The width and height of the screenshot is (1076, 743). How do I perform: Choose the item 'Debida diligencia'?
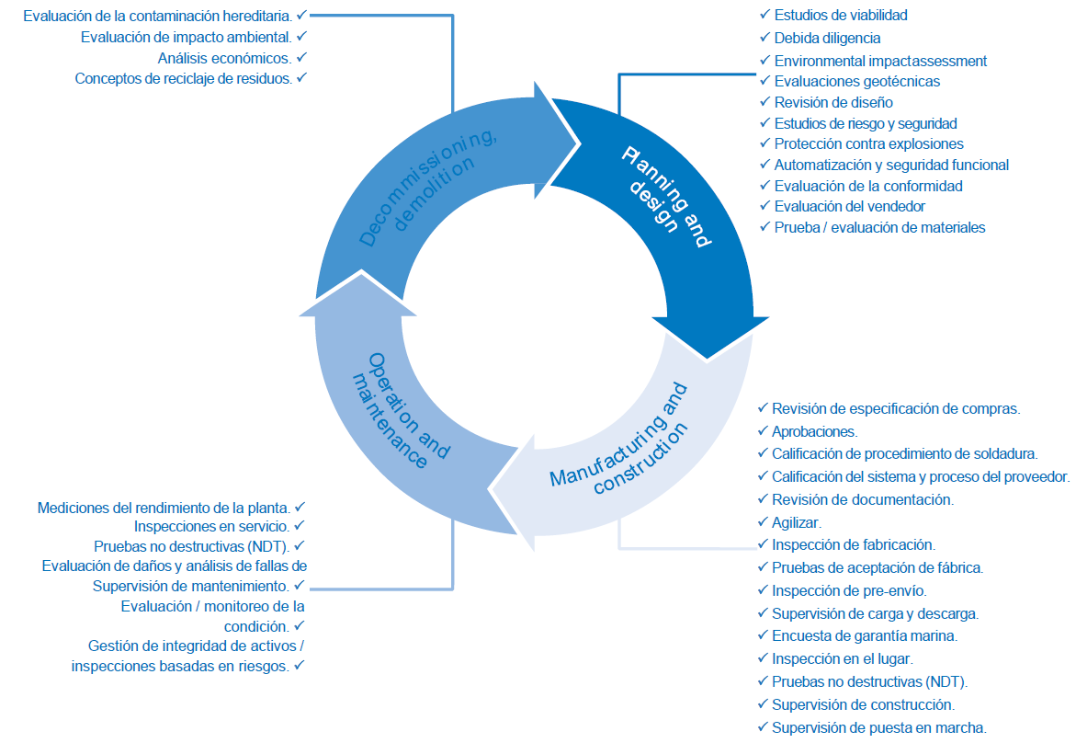[x=827, y=38]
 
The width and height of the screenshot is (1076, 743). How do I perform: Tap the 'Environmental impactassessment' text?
[x=880, y=61]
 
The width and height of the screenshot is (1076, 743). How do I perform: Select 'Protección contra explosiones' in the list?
[x=868, y=143]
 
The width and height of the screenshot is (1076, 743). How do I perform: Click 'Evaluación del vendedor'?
[x=849, y=206]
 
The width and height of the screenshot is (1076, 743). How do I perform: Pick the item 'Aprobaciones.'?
[x=815, y=430]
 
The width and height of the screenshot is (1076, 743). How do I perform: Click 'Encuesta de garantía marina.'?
[x=865, y=635]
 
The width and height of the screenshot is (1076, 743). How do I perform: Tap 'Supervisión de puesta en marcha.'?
[x=879, y=727]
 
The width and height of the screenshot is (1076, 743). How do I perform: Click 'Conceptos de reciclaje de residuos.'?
[x=183, y=79]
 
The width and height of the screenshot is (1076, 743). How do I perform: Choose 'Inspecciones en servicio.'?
[x=212, y=526]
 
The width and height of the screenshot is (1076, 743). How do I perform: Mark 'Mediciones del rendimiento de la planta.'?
[x=164, y=507]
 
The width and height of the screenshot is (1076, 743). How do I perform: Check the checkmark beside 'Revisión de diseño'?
[x=765, y=102]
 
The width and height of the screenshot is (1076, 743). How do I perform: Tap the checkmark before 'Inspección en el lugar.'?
[x=763, y=658]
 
